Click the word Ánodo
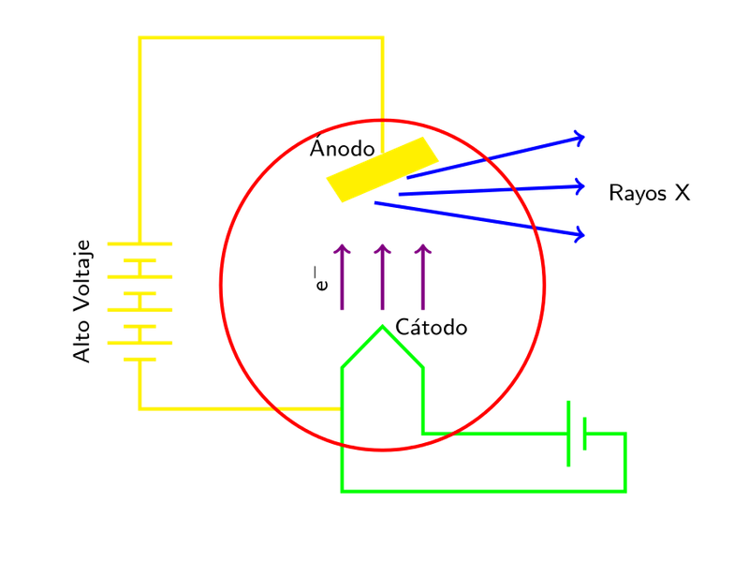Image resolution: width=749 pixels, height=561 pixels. click(342, 148)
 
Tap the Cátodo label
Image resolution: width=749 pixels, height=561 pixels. click(432, 327)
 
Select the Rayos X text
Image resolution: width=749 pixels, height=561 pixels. click(649, 193)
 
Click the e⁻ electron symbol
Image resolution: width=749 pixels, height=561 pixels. click(321, 278)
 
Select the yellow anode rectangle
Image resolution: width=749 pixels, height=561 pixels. click(382, 170)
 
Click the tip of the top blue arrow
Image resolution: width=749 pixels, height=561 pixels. click(584, 138)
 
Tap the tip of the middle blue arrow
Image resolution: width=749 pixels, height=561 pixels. click(584, 186)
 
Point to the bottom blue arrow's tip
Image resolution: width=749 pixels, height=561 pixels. click(584, 235)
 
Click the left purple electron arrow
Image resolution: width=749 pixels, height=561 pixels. click(342, 277)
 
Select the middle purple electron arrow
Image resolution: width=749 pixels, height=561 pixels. click(382, 277)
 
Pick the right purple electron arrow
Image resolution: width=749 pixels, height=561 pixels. click(423, 277)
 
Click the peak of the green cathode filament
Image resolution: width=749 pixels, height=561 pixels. click(382, 326)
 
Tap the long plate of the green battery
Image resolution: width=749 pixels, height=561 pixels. click(568, 434)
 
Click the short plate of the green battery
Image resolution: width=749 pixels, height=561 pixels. click(584, 434)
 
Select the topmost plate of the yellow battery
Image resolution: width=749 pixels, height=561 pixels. click(140, 244)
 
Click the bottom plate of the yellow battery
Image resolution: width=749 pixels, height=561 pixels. click(140, 360)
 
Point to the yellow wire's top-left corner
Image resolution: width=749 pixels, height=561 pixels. click(140, 37)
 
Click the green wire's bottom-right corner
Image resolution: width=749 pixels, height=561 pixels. click(625, 491)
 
